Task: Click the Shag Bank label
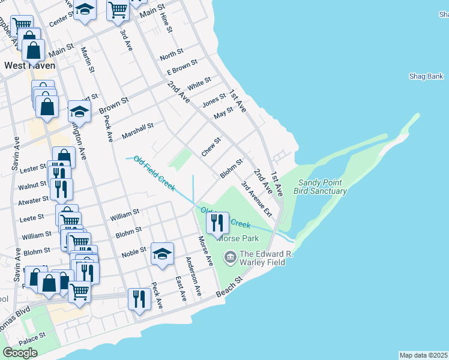coord(426,76)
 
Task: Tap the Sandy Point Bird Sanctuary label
coord(320,187)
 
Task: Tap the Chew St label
coord(211,146)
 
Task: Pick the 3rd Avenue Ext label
coord(257,199)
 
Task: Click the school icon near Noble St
coord(162,254)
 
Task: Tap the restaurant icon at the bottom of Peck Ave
coord(140,299)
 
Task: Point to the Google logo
coord(20,353)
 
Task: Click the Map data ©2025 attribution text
coord(423,355)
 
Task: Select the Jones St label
coord(214,100)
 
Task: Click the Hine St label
coord(166,22)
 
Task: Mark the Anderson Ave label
coord(193,276)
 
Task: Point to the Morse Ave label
coord(205,251)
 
